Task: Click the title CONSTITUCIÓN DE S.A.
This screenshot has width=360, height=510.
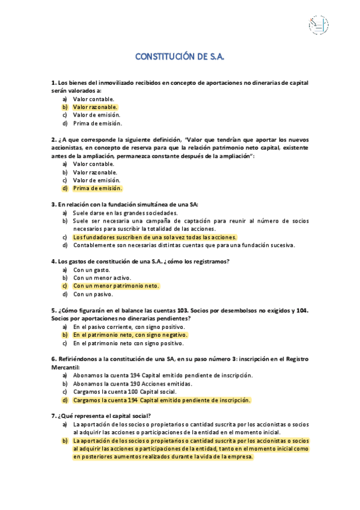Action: pos(180,57)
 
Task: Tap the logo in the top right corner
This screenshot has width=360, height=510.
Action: pos(318,25)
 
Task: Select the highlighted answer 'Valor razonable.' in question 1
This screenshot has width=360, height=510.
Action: pos(95,107)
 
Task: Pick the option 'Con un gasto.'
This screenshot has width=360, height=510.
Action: pos(91,270)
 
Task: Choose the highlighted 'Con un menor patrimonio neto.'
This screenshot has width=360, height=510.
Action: pos(115,286)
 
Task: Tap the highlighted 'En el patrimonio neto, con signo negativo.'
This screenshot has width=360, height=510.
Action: pos(130,335)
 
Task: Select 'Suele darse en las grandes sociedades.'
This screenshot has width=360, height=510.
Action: pos(125,213)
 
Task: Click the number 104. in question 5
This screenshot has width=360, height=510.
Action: pos(301,310)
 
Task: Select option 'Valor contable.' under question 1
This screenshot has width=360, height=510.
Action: pos(93,99)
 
